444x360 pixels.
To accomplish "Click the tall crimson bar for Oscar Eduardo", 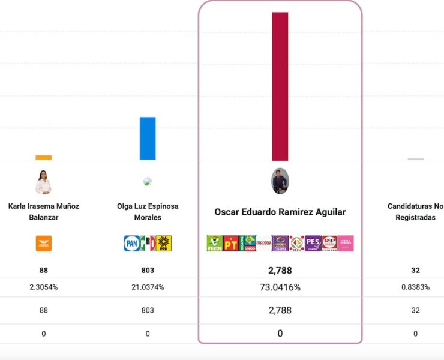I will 280,86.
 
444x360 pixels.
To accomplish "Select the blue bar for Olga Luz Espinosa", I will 148,139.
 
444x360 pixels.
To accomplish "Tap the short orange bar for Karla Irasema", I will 43,158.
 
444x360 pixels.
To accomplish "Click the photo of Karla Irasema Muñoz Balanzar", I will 43,182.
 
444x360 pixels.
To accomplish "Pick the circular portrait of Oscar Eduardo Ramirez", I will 280,181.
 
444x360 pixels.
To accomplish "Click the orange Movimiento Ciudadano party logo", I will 44,243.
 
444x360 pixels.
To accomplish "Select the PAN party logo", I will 131,243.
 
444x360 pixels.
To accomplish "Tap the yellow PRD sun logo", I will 164,243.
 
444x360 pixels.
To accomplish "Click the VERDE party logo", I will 214,243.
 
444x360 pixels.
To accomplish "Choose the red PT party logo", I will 230,243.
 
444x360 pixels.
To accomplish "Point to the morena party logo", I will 264,243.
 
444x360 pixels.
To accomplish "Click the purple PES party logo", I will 313,243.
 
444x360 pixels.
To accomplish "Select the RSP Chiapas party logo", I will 329,243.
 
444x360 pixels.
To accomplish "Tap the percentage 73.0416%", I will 280,287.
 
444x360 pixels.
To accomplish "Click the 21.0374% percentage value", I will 148,287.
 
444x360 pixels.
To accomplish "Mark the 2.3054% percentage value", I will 44,287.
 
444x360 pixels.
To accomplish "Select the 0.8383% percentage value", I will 415,287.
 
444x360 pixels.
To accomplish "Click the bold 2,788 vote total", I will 280,271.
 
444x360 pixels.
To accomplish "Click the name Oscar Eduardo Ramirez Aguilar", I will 280,212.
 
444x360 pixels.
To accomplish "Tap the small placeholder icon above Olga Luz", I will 148,181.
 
